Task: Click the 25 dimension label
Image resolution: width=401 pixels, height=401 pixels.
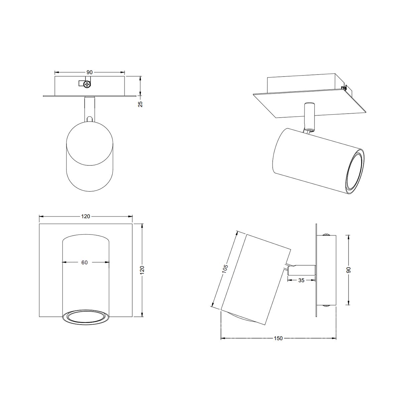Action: tap(141, 104)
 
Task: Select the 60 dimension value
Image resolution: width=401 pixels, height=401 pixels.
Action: tap(85, 263)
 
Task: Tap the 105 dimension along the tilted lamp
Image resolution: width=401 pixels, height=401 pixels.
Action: tap(225, 270)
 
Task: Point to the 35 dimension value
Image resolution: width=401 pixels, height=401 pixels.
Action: tap(301, 280)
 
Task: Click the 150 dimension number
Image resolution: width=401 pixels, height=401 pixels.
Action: tap(278, 339)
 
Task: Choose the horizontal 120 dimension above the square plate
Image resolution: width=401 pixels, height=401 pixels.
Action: tap(86, 217)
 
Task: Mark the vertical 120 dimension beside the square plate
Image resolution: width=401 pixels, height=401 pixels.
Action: tap(142, 270)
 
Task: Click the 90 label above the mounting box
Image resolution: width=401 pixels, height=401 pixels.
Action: tap(89, 72)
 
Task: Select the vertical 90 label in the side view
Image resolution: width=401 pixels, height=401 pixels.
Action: tap(349, 270)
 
